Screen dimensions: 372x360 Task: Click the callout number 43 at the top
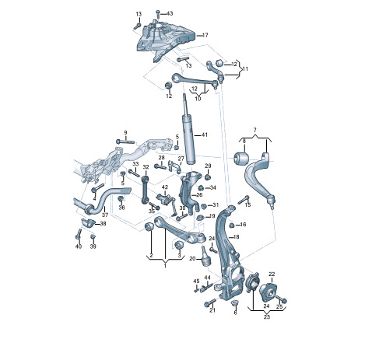(170, 13)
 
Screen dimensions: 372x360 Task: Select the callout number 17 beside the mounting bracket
(205, 35)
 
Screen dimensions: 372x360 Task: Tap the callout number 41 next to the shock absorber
(205, 135)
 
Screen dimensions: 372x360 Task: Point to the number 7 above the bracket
(254, 130)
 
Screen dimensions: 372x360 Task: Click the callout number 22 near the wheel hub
(272, 274)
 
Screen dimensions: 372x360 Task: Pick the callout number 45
(196, 281)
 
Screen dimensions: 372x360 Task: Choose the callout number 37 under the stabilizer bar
(105, 215)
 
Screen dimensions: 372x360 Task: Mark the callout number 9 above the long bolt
(125, 133)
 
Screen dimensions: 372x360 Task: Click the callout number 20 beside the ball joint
(192, 258)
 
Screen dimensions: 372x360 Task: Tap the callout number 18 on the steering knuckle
(236, 237)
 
